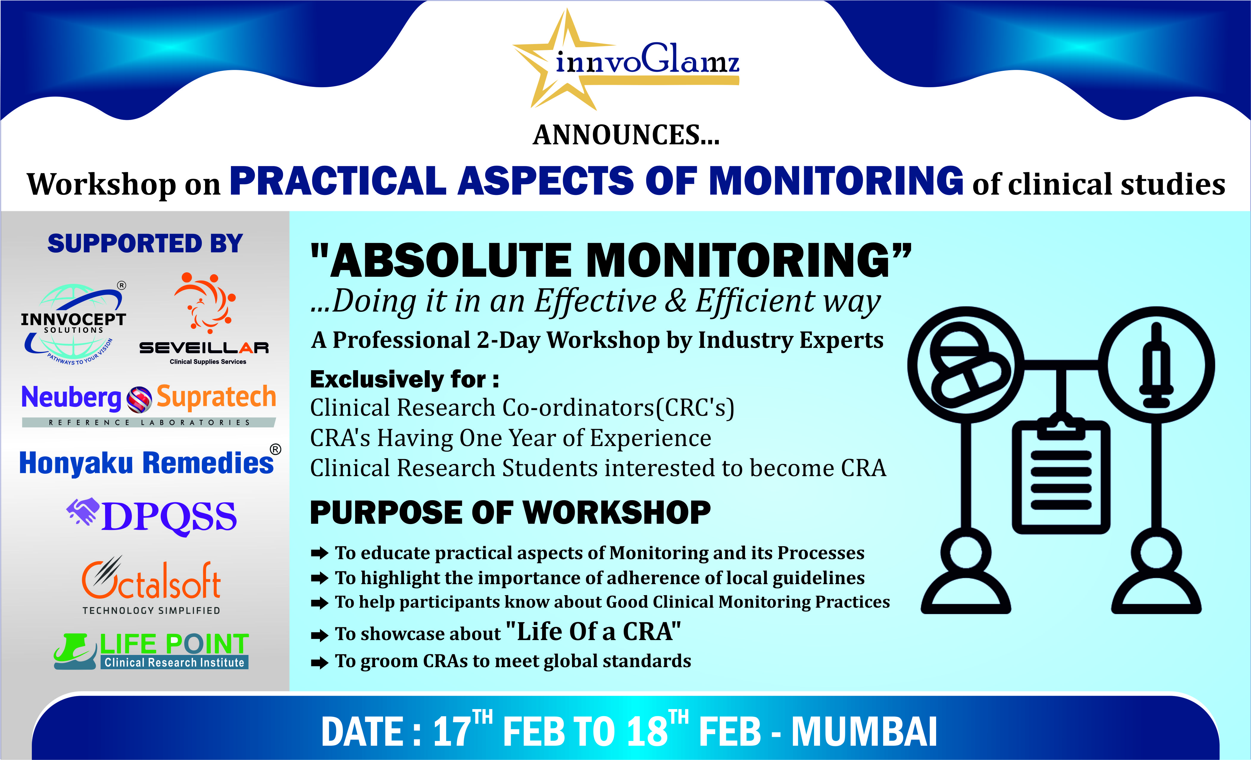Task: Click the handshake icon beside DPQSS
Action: pyautogui.click(x=83, y=511)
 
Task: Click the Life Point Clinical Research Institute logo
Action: pyautogui.click(x=151, y=651)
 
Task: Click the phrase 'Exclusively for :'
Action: pyautogui.click(x=404, y=379)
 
